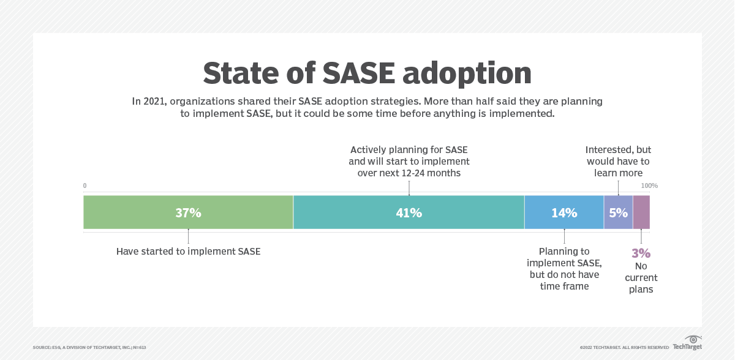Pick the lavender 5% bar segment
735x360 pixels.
pyautogui.click(x=618, y=212)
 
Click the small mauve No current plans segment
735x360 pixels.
pyautogui.click(x=641, y=212)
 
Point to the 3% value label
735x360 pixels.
pyautogui.click(x=641, y=253)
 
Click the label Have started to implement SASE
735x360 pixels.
pyautogui.click(x=188, y=251)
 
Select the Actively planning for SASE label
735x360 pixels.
pyautogui.click(x=409, y=161)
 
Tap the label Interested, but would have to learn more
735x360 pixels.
pyautogui.click(x=618, y=161)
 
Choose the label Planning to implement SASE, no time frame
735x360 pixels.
pyautogui.click(x=564, y=268)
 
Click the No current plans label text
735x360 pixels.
pyautogui.click(x=641, y=277)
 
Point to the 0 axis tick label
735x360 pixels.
pyautogui.click(x=85, y=186)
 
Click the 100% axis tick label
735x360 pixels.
pyautogui.click(x=649, y=186)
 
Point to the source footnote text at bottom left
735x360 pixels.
pyautogui.click(x=89, y=347)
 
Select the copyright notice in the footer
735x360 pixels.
pyautogui.click(x=624, y=347)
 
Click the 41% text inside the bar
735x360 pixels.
pyautogui.click(x=409, y=212)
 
